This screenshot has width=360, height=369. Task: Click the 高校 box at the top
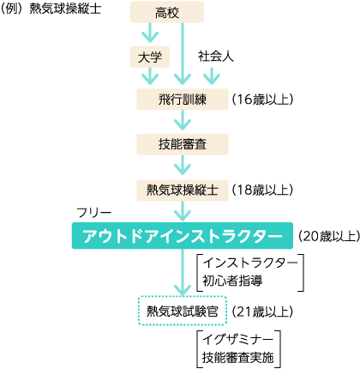click(x=167, y=12)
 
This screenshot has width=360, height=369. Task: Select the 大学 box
click(x=150, y=57)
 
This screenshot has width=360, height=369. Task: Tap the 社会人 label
click(x=216, y=57)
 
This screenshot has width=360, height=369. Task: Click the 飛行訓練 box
click(x=183, y=100)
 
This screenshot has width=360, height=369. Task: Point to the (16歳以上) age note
click(x=262, y=100)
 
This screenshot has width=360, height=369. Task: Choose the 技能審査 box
click(x=183, y=144)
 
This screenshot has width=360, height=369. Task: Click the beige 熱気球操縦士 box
click(x=183, y=191)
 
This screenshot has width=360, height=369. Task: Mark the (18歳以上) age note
click(x=262, y=190)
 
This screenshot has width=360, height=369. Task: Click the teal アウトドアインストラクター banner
click(x=183, y=236)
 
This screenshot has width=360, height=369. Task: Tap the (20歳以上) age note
click(x=328, y=236)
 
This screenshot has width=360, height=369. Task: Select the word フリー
click(x=93, y=213)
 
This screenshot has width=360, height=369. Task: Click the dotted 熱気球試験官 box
click(x=183, y=311)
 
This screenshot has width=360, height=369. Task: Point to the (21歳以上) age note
click(x=262, y=312)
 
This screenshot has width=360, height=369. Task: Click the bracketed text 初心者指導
click(x=232, y=281)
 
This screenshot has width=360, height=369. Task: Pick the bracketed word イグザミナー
click(x=237, y=340)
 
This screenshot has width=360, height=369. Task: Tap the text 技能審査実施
click(x=238, y=358)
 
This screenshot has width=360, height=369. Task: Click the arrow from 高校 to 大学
click(x=150, y=33)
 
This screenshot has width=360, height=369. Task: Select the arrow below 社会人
click(x=212, y=76)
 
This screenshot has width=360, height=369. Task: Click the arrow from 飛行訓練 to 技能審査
click(x=183, y=120)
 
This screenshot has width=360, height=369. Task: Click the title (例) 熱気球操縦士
click(x=51, y=9)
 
